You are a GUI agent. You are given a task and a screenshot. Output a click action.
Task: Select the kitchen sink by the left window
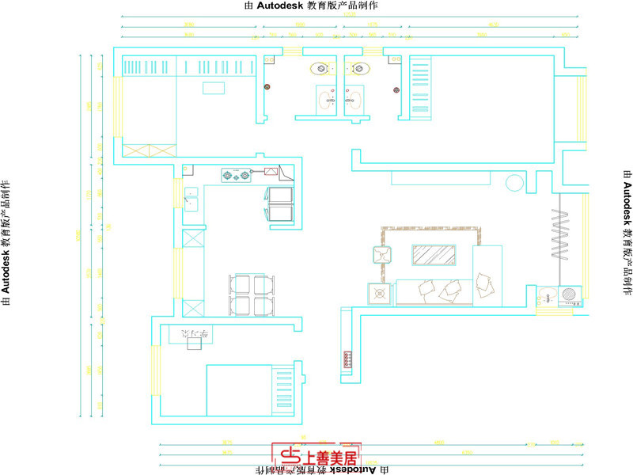(191, 199)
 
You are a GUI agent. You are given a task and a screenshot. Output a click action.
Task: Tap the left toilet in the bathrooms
(323, 68)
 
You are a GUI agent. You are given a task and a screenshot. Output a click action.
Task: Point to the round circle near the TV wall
(514, 183)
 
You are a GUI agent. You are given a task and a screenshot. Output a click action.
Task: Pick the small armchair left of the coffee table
(381, 255)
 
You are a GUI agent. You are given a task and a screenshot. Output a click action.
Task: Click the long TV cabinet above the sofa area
(442, 178)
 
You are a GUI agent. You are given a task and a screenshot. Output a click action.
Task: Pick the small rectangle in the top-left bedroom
(214, 89)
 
